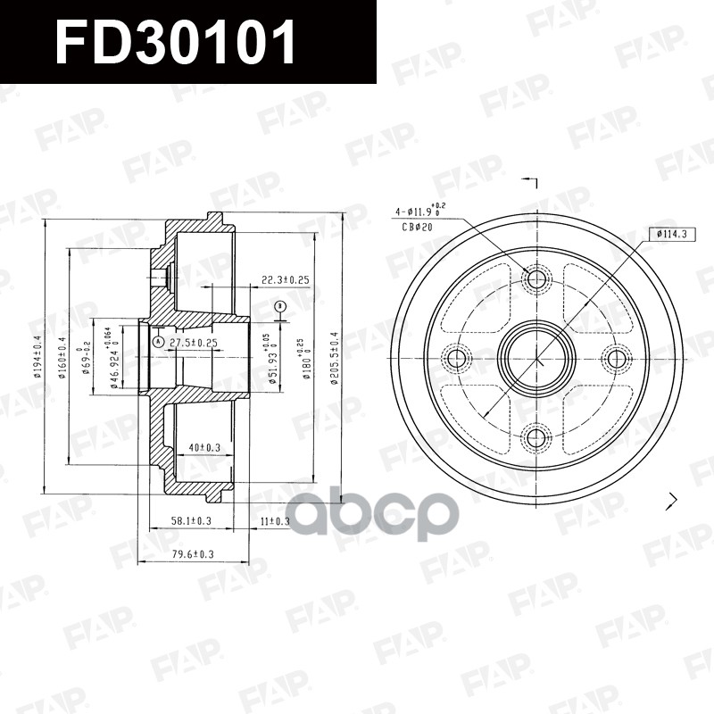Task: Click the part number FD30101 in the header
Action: (x=176, y=43)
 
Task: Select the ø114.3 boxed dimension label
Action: (x=675, y=234)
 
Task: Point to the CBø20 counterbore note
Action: (x=416, y=227)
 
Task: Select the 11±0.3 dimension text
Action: (x=274, y=520)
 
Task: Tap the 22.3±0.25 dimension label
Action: (x=285, y=280)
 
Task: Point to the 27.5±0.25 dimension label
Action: (x=194, y=343)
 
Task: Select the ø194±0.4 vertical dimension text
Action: (x=37, y=357)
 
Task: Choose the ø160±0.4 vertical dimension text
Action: (x=62, y=357)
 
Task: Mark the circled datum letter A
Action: (x=157, y=342)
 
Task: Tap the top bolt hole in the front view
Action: (x=536, y=280)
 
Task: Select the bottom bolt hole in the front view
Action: (x=536, y=436)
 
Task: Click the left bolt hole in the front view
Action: (x=459, y=359)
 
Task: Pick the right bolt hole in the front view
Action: (x=615, y=359)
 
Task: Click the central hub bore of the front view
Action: (x=536, y=359)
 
